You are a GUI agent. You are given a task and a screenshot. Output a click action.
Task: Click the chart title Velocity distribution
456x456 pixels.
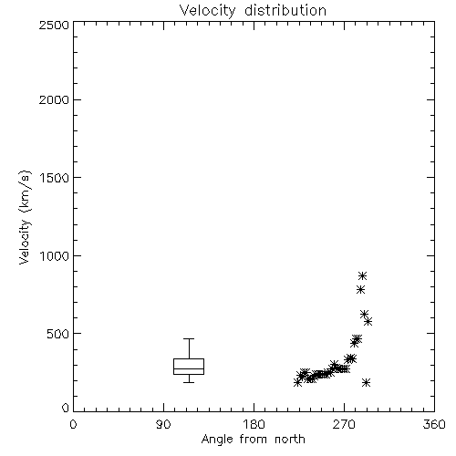tap(253, 10)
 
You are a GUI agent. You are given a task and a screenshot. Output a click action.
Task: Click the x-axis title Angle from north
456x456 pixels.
tap(253, 440)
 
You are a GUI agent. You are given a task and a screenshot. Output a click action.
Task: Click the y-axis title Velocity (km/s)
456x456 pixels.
tap(25, 217)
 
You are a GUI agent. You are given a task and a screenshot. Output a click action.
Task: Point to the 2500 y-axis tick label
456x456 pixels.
tap(54, 25)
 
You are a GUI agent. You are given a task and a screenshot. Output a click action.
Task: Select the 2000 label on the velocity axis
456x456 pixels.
tap(54, 99)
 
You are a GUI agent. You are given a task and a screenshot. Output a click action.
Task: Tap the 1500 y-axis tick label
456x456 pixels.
tap(55, 177)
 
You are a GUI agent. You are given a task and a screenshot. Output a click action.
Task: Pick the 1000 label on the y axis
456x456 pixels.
tap(55, 255)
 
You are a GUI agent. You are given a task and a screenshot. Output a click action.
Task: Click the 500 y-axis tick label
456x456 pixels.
tap(58, 334)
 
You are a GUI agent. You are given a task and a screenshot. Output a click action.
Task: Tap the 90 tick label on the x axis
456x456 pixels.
tap(163, 425)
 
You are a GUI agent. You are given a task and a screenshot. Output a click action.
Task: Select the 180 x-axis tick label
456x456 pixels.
tap(254, 425)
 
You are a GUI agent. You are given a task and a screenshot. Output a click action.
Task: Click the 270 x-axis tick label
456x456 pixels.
tap(344, 425)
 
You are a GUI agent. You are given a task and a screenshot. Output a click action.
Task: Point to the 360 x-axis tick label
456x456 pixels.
tap(434, 425)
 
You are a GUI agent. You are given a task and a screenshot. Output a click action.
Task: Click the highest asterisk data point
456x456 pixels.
tap(362, 276)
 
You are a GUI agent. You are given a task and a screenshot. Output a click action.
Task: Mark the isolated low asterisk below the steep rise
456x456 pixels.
tap(367, 382)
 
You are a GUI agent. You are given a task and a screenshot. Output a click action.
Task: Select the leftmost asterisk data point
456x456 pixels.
tap(298, 382)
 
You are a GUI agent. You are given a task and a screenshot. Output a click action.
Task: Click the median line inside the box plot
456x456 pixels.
tap(189, 368)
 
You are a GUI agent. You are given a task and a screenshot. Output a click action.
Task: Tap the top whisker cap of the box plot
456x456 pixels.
tap(189, 338)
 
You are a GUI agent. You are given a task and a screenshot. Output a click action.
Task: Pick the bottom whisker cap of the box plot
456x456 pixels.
tap(189, 382)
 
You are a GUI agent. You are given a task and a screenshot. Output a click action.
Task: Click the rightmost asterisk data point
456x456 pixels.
tap(368, 322)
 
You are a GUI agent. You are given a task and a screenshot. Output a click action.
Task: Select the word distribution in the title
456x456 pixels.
tap(285, 10)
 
